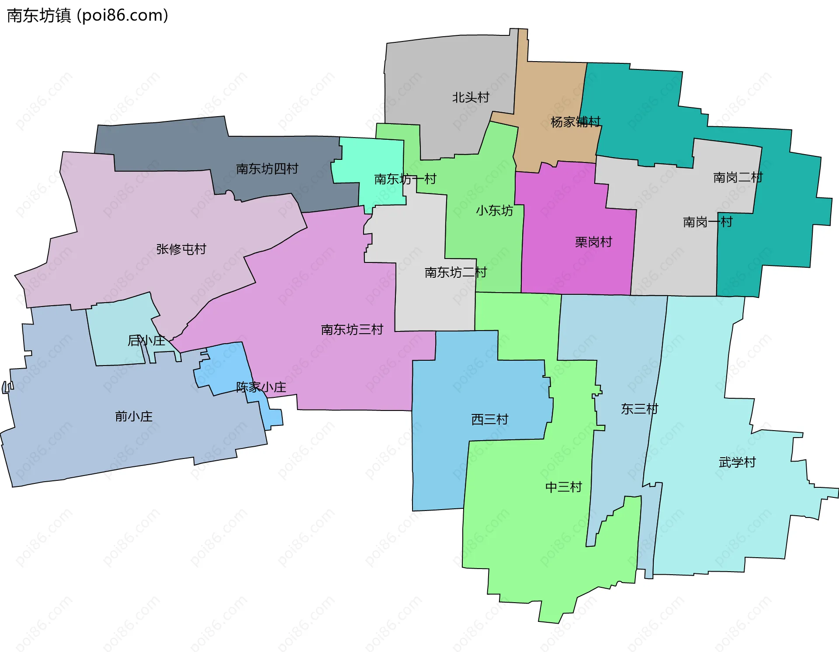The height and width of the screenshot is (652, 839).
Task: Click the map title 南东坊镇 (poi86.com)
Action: tap(87, 16)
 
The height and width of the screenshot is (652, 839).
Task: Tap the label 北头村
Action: tap(471, 97)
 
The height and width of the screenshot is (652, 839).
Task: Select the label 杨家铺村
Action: tap(576, 122)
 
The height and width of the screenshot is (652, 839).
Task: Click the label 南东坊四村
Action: tap(267, 169)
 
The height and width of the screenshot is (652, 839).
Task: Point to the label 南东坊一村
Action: tap(405, 179)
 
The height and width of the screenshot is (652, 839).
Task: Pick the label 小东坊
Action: tap(494, 211)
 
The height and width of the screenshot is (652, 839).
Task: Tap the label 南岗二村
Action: tap(738, 178)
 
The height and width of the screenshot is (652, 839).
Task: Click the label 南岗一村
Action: tap(707, 222)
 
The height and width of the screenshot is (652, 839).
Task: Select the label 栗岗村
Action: tap(593, 242)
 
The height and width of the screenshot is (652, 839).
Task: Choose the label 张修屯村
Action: tap(181, 249)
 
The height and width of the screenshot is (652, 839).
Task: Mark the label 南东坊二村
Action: tap(455, 273)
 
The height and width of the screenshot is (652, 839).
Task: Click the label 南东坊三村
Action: tap(352, 330)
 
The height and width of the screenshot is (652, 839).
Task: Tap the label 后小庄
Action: tap(146, 341)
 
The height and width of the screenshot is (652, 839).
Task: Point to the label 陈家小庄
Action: tap(261, 387)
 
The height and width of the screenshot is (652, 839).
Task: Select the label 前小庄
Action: tap(134, 417)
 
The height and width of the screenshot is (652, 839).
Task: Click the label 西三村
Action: tap(490, 420)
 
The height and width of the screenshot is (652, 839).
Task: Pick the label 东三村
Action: tap(639, 409)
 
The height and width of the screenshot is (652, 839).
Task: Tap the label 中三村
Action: tap(564, 487)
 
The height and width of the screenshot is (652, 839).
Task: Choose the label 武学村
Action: tap(737, 462)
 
